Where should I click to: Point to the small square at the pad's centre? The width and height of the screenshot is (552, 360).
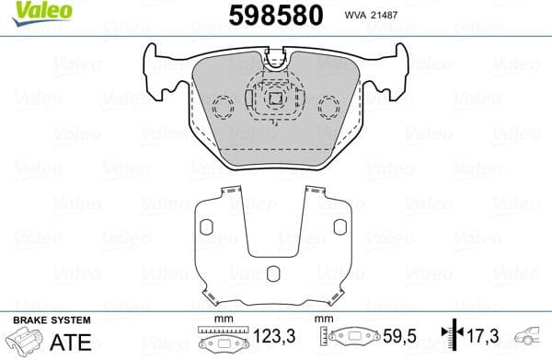point(275,98)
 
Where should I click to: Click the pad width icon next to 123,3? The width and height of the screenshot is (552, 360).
point(218,340)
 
